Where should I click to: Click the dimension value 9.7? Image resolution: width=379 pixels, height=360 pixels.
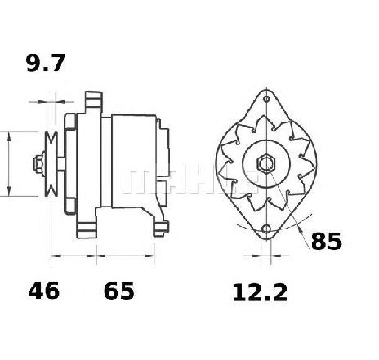[46, 63]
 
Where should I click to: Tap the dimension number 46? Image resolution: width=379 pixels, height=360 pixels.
[43, 291]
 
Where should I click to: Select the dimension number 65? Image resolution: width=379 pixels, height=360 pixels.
[119, 291]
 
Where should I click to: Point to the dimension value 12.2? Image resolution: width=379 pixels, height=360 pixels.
[260, 292]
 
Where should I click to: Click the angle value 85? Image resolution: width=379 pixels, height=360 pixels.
[326, 241]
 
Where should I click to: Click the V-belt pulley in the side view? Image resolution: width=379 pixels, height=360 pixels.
[51, 164]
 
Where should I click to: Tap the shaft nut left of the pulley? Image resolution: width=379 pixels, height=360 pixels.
[38, 164]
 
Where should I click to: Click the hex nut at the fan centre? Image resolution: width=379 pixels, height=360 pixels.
[266, 163]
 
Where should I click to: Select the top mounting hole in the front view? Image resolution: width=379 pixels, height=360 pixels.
[266, 99]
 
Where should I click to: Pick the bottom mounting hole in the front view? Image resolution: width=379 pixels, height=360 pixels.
[266, 229]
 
